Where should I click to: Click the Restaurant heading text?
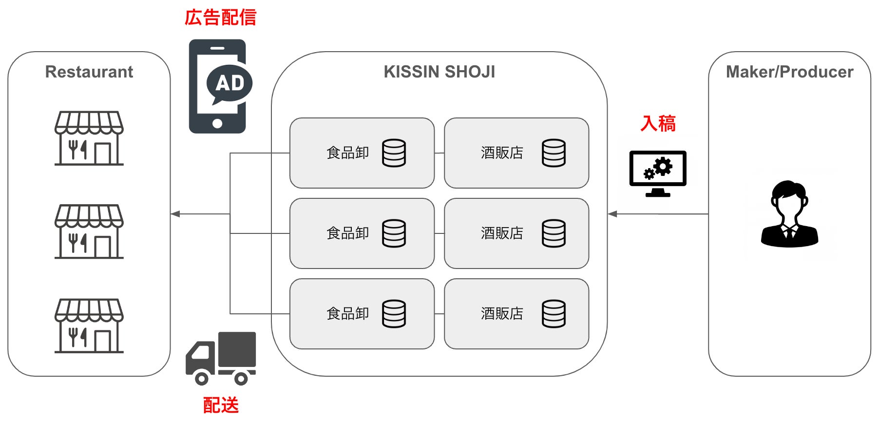(x=89, y=72)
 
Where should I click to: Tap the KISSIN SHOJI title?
(x=439, y=72)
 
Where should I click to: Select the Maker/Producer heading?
(x=789, y=72)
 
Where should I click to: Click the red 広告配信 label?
(x=220, y=18)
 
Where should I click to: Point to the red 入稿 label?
(x=658, y=123)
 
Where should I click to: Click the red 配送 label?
(x=221, y=405)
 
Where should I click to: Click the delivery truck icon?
(x=221, y=358)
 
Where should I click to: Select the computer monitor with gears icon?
(x=658, y=173)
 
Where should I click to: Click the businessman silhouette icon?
(x=789, y=214)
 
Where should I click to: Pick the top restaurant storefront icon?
(x=89, y=138)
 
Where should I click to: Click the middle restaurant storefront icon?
(x=89, y=231)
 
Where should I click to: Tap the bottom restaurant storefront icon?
(x=89, y=326)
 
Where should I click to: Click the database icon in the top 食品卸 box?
(x=394, y=153)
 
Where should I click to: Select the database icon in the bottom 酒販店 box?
(x=554, y=313)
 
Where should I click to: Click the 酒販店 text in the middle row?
(x=502, y=233)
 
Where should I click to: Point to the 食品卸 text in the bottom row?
(x=347, y=313)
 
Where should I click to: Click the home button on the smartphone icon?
(x=217, y=124)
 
